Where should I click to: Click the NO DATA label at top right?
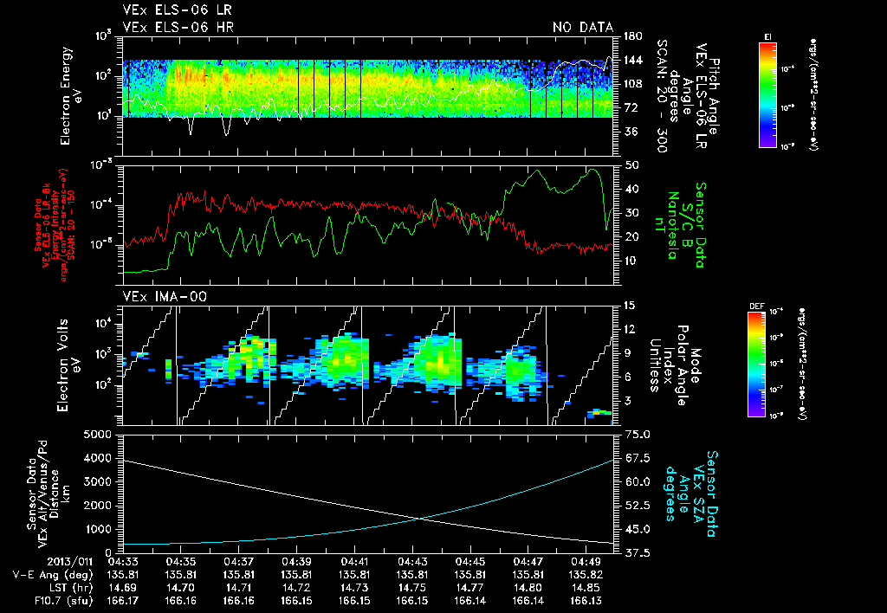pyautogui.click(x=582, y=28)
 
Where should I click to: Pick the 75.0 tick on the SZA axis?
pyautogui.click(x=636, y=434)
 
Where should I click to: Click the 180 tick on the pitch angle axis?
pyautogui.click(x=631, y=36)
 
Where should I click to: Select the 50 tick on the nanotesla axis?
pyautogui.click(x=631, y=165)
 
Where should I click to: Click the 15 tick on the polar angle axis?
pyautogui.click(x=630, y=306)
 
